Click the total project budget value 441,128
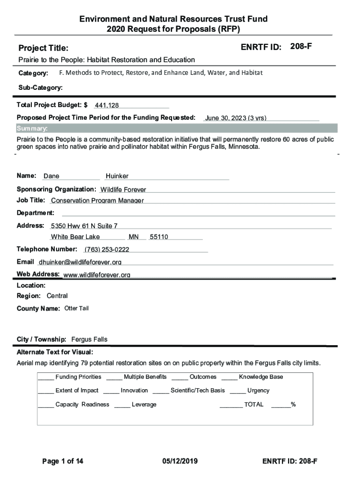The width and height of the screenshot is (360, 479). pyautogui.click(x=107, y=106)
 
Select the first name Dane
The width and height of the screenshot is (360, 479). pyautogui.click(x=51, y=176)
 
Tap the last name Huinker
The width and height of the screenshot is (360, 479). pyautogui.click(x=117, y=176)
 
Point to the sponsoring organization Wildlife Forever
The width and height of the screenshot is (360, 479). pyautogui.click(x=123, y=189)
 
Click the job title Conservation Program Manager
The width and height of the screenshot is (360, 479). pyautogui.click(x=97, y=201)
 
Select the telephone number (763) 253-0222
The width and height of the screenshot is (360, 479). pyautogui.click(x=107, y=249)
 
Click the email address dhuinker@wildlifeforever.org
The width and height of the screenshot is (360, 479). pyautogui.click(x=80, y=262)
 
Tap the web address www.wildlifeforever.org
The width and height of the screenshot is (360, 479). pyautogui.click(x=97, y=275)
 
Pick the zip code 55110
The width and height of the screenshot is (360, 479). pyautogui.click(x=158, y=237)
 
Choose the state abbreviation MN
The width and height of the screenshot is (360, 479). pyautogui.click(x=134, y=237)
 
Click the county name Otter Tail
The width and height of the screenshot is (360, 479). pyautogui.click(x=76, y=308)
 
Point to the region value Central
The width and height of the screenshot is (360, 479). pyautogui.click(x=57, y=296)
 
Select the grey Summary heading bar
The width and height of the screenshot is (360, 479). pyautogui.click(x=177, y=129)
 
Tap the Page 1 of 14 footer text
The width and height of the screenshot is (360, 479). pyautogui.click(x=63, y=461)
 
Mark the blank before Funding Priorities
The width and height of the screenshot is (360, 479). pyautogui.click(x=45, y=377)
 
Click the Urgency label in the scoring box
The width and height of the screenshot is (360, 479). pyautogui.click(x=258, y=391)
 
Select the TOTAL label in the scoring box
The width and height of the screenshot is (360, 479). pyautogui.click(x=253, y=405)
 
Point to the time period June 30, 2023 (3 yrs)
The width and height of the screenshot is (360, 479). pyautogui.click(x=236, y=118)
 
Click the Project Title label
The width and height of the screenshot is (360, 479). pyautogui.click(x=43, y=48)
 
